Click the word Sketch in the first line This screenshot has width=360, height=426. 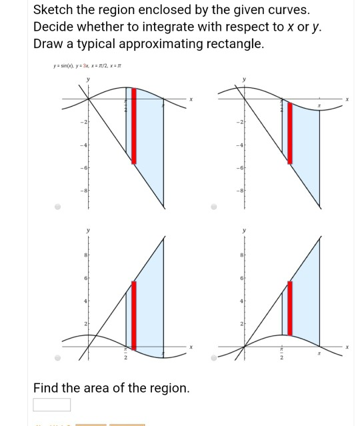click(x=55, y=11)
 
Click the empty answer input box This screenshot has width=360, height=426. click(x=52, y=405)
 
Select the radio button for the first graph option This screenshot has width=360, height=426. click(x=58, y=206)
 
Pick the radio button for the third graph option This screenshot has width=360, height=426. click(x=58, y=358)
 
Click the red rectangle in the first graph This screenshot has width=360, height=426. click(x=133, y=125)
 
